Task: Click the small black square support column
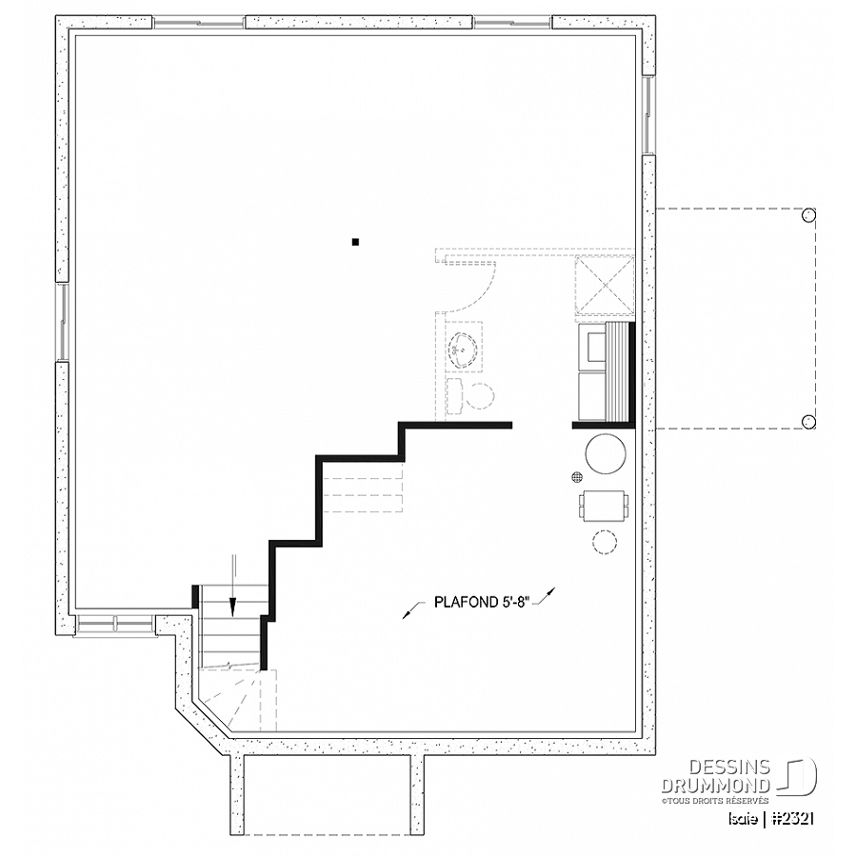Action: (x=355, y=242)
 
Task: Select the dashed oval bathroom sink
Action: (x=464, y=349)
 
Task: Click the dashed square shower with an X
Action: (x=605, y=286)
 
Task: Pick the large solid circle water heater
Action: (x=605, y=453)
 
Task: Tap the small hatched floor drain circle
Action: (x=576, y=477)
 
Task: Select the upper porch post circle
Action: (x=808, y=215)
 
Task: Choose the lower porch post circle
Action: (x=808, y=422)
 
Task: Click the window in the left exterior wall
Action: (x=62, y=322)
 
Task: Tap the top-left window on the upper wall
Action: (x=199, y=23)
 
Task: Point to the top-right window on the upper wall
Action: (x=512, y=23)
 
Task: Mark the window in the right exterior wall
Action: (x=648, y=115)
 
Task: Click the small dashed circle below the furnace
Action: (x=605, y=542)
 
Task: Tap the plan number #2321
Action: (x=793, y=818)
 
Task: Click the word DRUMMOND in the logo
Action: (x=716, y=786)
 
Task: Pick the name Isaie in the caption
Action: (x=742, y=818)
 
